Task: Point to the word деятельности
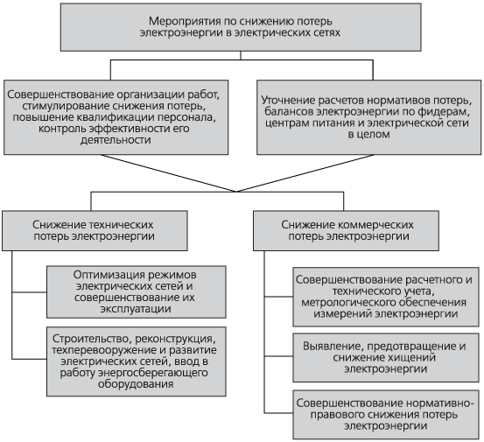(x=116, y=140)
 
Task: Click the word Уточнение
(x=288, y=101)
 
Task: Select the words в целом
(x=368, y=134)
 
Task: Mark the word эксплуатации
(x=136, y=309)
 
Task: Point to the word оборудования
(x=136, y=384)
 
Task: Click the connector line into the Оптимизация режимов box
(x=30, y=292)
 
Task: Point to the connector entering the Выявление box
(x=278, y=356)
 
